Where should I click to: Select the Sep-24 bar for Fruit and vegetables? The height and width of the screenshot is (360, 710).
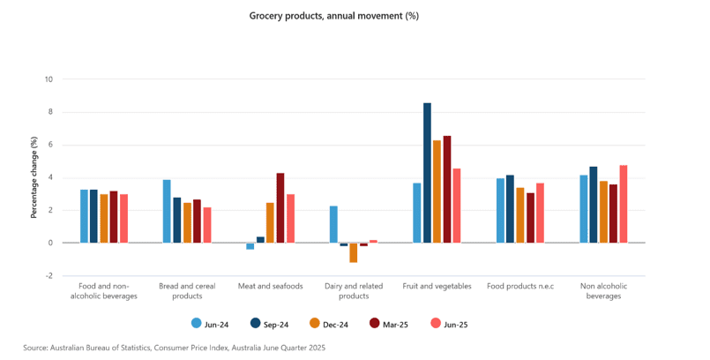click(x=427, y=173)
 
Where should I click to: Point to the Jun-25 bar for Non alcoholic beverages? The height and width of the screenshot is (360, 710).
click(x=624, y=204)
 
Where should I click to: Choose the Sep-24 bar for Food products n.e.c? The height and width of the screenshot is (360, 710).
click(x=510, y=208)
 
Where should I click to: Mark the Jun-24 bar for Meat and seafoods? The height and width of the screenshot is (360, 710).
click(x=250, y=246)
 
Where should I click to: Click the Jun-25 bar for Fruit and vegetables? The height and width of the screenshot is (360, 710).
click(x=457, y=206)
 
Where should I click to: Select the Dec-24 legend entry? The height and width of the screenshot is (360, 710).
click(x=330, y=325)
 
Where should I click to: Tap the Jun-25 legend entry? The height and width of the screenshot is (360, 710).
click(x=449, y=325)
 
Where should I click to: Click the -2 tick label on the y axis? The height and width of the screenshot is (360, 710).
click(x=49, y=275)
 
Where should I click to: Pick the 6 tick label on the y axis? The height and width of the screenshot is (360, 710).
click(x=50, y=145)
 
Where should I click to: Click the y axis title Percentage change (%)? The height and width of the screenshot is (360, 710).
click(x=34, y=177)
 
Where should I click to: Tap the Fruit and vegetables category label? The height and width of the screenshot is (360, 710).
click(x=437, y=286)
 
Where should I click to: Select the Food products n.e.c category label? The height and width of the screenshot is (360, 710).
click(x=520, y=286)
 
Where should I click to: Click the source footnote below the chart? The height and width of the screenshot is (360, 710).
click(x=175, y=349)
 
